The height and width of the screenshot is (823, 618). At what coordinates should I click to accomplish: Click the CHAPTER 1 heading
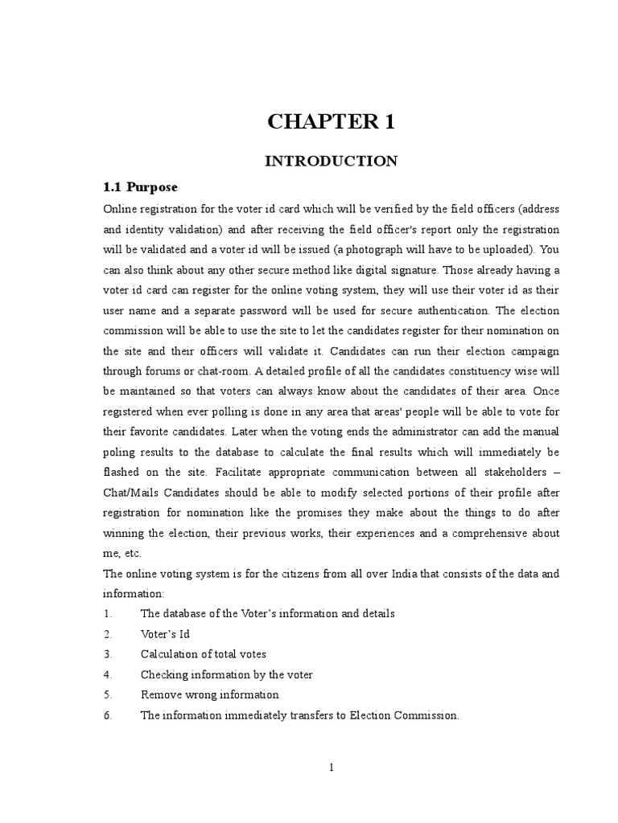point(331,123)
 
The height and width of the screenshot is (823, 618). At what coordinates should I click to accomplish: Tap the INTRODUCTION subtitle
point(331,162)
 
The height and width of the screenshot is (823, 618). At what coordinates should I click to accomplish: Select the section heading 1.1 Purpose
point(140,188)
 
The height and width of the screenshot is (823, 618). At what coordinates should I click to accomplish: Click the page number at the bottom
point(331,768)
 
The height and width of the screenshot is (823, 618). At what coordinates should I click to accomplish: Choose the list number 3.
point(107,654)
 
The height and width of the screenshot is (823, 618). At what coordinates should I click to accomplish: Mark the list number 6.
point(107,714)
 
